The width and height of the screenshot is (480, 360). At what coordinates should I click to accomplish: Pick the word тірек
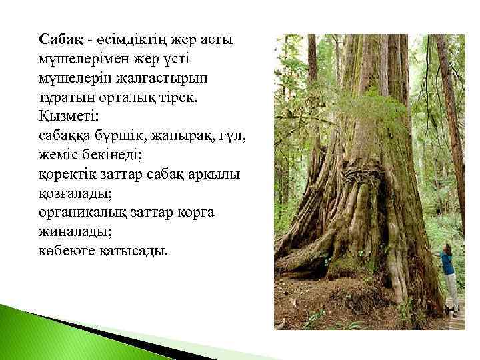(188, 97)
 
